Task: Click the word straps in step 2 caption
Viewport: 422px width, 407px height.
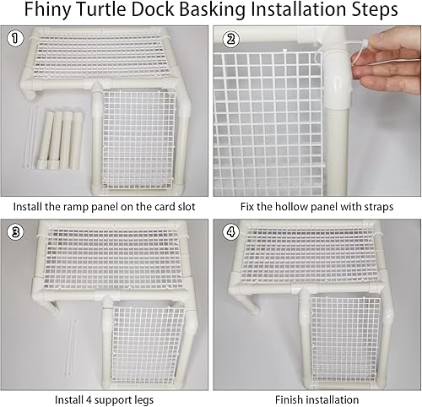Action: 375,205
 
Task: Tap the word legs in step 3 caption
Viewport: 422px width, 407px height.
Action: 149,399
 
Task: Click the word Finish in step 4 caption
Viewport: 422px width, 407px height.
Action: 292,399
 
